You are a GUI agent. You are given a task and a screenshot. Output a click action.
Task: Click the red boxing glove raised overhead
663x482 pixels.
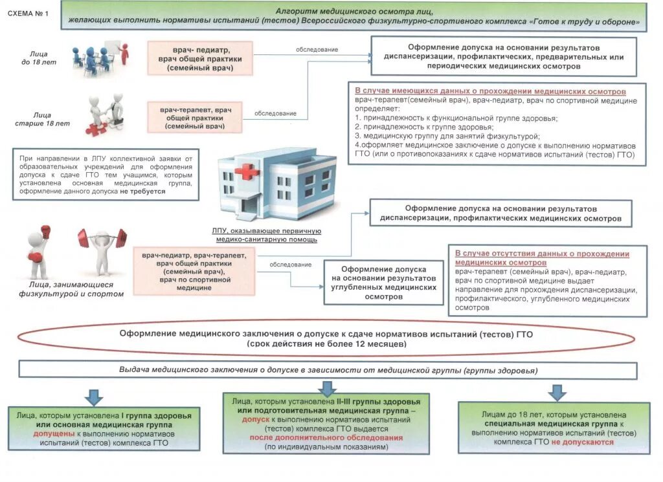[x=45, y=231]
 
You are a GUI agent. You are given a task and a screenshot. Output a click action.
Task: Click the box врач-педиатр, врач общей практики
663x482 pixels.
[x=199, y=58]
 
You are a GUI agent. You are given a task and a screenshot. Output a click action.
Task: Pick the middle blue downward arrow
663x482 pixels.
[x=327, y=388]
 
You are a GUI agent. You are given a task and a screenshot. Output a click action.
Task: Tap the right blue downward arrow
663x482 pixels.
[x=556, y=393]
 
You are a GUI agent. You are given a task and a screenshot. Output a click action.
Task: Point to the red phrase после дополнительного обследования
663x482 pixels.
[x=326, y=437]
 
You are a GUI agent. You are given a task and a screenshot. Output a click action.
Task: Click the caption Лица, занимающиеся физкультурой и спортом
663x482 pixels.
[x=71, y=289]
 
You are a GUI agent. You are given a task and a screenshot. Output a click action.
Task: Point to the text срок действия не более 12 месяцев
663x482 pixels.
[x=326, y=344]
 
